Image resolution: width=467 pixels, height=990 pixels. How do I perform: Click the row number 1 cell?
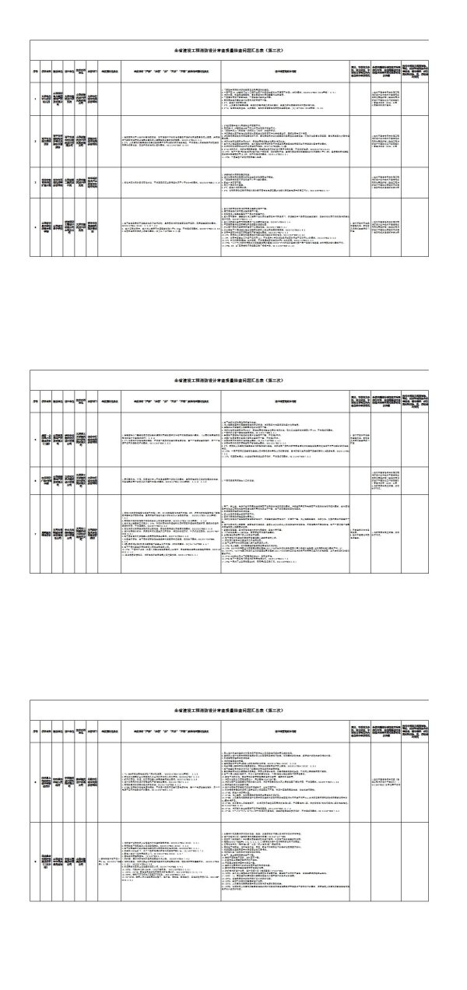pyautogui.click(x=35, y=100)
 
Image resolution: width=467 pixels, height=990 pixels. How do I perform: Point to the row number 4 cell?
pyautogui.click(x=35, y=228)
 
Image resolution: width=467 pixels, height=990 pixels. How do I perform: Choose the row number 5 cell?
pyautogui.click(x=35, y=440)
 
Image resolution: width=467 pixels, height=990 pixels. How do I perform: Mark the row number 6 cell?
pyautogui.click(x=35, y=478)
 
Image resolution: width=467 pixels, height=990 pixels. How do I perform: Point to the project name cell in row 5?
pyautogui.click(x=47, y=440)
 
